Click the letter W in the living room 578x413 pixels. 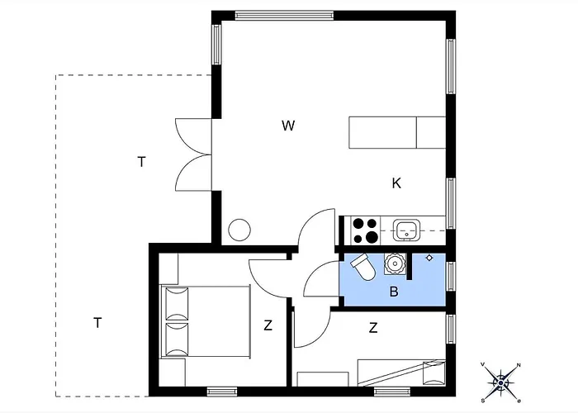tap(288, 126)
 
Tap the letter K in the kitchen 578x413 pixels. tap(396, 183)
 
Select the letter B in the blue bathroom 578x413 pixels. tap(394, 292)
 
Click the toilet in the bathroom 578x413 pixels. tap(362, 267)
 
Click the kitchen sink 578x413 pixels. tap(406, 230)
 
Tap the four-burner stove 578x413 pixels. tap(365, 230)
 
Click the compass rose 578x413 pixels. tap(500, 383)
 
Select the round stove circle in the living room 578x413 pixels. tap(239, 230)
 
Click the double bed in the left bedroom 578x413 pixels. tap(206, 320)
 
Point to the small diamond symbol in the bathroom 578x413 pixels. tap(429, 258)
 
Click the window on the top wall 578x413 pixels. tap(284, 16)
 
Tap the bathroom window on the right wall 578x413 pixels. tap(451, 276)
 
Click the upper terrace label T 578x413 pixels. tap(141, 162)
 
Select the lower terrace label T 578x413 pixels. tap(97, 323)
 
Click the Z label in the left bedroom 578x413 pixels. tap(268, 325)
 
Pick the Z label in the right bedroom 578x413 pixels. tap(373, 327)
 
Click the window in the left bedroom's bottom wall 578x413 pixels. tap(221, 392)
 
